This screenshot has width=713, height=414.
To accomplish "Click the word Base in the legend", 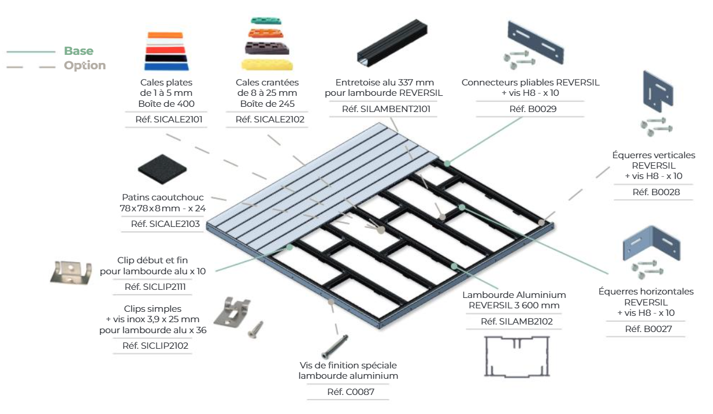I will coord(79,51).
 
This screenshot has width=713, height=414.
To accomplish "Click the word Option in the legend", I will coord(85,65).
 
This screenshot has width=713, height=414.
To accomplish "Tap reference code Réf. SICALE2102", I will coord(270,120).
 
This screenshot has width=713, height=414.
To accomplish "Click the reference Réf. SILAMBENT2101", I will coord(386,109).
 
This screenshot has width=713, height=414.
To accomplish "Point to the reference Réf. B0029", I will coord(533,109).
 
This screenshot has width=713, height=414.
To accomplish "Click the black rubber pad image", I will coord(163,170).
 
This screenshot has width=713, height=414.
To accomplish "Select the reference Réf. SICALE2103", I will coord(164,224).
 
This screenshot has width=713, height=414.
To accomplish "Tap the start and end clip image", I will coord(71,272).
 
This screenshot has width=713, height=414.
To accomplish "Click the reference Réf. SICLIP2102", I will coord(155,346).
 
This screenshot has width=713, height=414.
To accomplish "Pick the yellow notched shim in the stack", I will coord(268,63).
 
